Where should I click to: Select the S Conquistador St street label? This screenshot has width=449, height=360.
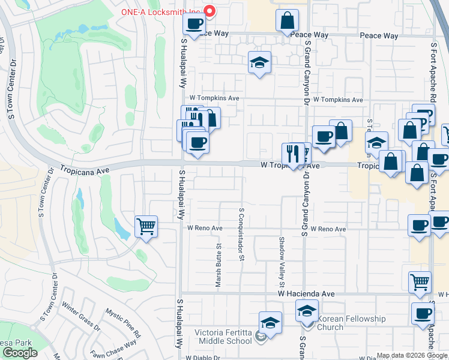[x=241, y=235]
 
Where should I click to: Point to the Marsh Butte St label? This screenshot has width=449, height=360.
[x=219, y=265]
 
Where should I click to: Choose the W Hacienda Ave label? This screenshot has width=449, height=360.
[x=306, y=294]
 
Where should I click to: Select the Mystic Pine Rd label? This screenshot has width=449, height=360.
[x=122, y=322]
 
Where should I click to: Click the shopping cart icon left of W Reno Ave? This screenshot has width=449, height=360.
[x=146, y=227]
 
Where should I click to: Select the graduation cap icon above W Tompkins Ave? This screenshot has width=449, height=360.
[x=259, y=62]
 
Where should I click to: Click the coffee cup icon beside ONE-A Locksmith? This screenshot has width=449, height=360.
[x=194, y=24]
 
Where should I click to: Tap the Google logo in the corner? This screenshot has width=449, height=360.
[x=20, y=353]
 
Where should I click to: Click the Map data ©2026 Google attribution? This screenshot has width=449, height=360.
[x=411, y=355]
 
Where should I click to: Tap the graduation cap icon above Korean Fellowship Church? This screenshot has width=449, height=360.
[x=307, y=311]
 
